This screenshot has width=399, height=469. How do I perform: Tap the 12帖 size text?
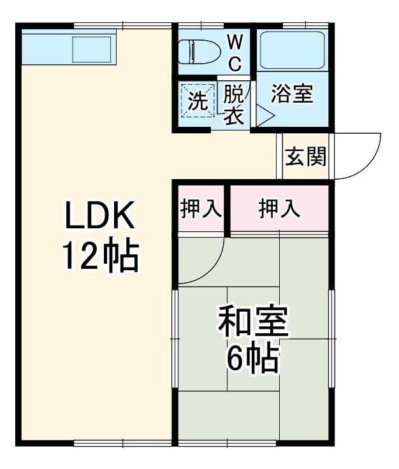(99, 256)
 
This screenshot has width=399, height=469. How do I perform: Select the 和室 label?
(253, 323)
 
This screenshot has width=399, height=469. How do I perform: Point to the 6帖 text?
(253, 361)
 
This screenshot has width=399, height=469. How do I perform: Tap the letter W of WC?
(235, 43)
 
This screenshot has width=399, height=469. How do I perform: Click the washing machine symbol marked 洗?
(198, 100)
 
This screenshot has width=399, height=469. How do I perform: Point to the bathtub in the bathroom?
(293, 50)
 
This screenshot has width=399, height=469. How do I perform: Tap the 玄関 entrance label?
(305, 157)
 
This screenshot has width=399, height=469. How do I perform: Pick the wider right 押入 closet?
(279, 209)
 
